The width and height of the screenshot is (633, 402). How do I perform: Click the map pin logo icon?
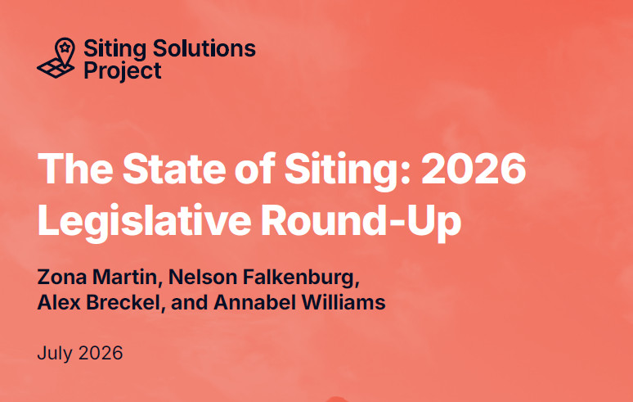point(56,58)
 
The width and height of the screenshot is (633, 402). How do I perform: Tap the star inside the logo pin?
point(65,47)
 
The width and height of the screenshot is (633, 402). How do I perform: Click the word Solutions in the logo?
point(204,48)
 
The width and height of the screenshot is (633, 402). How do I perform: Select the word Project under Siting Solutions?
point(123,70)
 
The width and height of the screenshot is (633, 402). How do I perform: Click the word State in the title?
point(174,169)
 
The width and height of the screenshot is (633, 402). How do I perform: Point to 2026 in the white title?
point(474,169)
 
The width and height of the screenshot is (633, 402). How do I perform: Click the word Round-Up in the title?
point(361,220)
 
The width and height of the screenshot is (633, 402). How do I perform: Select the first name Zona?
point(62,278)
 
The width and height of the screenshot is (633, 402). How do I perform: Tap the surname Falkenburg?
point(301,278)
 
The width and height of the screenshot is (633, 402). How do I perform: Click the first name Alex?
point(59,302)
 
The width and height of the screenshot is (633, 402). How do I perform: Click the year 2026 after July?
point(101,353)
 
